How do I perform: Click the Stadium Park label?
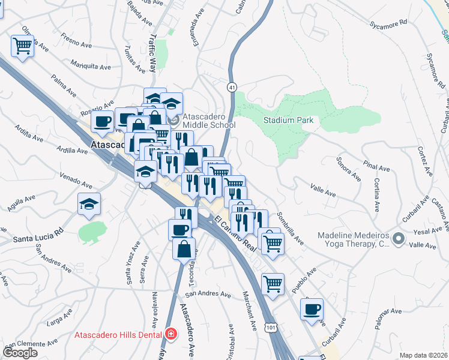(x=289, y=120)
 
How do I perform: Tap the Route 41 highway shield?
(x=232, y=88)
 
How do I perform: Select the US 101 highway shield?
(x=271, y=328)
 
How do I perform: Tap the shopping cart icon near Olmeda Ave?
(x=22, y=45)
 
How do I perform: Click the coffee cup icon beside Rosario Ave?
(x=101, y=121)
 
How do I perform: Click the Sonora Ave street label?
(x=349, y=169)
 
